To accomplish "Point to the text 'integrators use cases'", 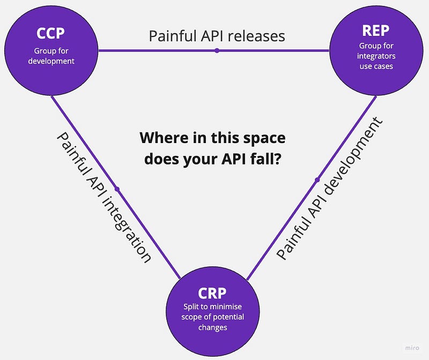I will (376, 61).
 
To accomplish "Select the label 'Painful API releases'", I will (217, 36).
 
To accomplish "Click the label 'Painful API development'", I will (330, 189).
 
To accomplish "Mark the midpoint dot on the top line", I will (217, 51).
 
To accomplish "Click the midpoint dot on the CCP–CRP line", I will (116, 189).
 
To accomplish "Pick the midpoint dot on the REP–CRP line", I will (317, 179).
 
